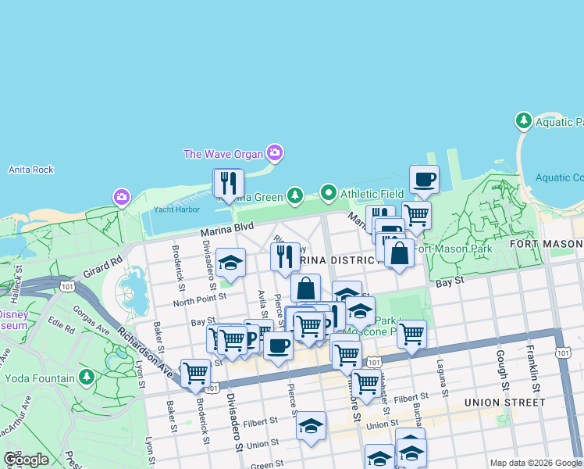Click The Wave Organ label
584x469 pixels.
223,154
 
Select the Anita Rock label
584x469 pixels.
30,170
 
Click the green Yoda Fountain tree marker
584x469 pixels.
86,379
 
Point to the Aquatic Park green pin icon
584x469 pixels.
523,121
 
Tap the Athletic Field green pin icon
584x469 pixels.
329,192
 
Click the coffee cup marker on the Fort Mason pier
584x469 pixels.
424,180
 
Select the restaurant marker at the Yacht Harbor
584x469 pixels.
229,183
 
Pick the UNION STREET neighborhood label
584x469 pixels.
504,403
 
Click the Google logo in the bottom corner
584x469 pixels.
26,460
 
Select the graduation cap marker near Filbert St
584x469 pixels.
311,426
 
